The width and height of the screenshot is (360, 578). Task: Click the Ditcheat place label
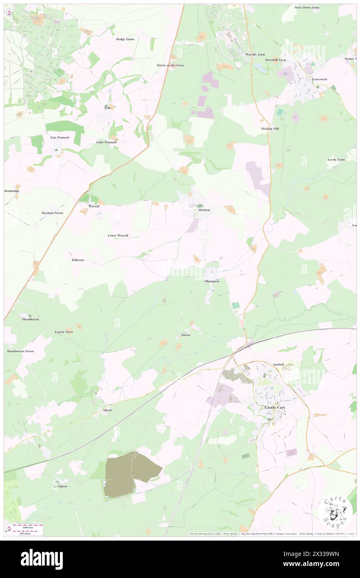point(204,210)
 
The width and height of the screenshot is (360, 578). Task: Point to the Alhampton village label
point(211,282)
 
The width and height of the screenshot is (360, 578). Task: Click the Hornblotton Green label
point(20,351)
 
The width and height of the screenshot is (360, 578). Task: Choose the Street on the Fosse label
point(170,65)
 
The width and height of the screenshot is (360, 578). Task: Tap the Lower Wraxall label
point(118,235)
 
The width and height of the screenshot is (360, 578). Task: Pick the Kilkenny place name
point(78,260)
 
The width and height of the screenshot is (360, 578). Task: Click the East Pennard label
point(59,137)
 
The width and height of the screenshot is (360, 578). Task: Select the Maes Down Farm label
point(307,7)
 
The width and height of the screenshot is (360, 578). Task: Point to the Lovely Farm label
point(336,160)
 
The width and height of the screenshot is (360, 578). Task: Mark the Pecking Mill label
point(270,128)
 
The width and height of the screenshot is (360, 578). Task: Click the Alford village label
point(107,410)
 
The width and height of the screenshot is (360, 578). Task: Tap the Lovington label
point(60,486)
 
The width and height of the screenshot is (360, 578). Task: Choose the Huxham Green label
point(52,213)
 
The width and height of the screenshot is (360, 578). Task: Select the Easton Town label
point(64,332)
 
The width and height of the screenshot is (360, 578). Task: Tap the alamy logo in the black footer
point(42,559)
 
